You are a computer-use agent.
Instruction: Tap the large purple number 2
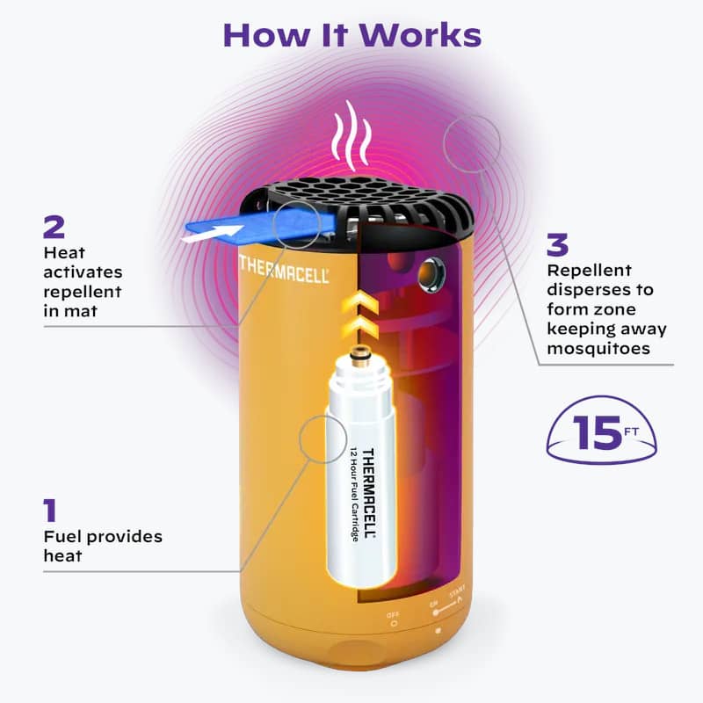54,228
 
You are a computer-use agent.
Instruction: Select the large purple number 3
557,245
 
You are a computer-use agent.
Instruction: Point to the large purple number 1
50,511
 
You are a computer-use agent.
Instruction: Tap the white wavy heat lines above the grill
352,135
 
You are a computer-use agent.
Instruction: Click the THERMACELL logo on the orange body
284,270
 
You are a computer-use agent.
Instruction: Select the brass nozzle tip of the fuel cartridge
358,353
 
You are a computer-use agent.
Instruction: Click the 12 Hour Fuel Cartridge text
354,494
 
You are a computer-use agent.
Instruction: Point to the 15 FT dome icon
602,431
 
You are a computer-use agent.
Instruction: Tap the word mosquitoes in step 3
598,349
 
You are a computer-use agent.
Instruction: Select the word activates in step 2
83,272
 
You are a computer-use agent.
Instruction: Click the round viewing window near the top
431,272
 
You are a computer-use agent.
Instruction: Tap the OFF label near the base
393,614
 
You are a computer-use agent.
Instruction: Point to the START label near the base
457,591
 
